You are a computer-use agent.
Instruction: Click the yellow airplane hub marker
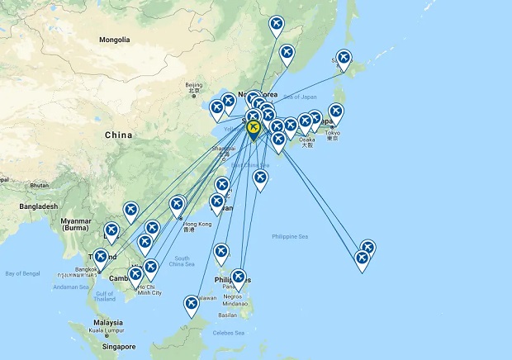tap(254, 129)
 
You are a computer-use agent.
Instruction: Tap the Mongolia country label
tap(114, 40)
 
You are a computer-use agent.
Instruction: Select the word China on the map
tap(119, 134)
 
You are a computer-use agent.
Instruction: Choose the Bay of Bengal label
tap(22, 272)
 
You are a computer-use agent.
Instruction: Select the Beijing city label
tap(193, 85)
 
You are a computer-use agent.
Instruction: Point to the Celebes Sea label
tap(229, 333)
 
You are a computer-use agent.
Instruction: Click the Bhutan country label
tap(40, 185)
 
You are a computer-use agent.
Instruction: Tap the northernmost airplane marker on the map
tap(277, 24)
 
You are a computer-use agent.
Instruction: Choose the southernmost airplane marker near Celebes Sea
tap(192, 305)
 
